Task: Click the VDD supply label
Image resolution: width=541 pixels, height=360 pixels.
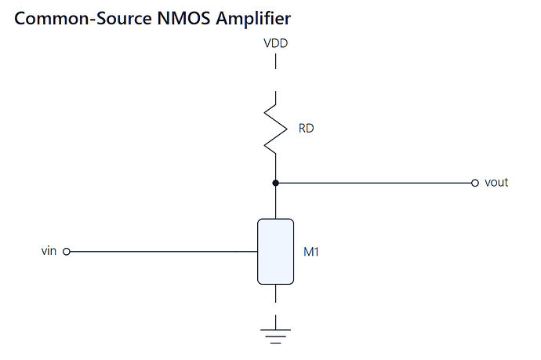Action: tap(275, 43)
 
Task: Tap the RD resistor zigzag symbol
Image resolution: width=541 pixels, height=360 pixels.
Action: tap(276, 129)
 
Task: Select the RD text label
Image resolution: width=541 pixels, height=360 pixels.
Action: tap(306, 129)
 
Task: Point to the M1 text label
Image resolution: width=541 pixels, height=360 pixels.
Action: tap(310, 252)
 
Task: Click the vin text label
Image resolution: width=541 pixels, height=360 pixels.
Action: tap(49, 251)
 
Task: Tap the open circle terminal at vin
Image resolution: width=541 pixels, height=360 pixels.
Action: tap(67, 252)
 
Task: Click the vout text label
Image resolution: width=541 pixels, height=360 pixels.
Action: tap(496, 182)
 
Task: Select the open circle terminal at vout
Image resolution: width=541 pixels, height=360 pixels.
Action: tap(475, 183)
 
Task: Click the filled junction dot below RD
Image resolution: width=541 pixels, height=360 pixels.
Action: tap(276, 183)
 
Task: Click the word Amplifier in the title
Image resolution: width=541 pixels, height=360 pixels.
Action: tap(253, 18)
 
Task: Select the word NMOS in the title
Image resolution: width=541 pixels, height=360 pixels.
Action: tap(183, 18)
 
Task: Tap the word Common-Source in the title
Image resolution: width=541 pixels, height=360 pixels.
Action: tap(83, 18)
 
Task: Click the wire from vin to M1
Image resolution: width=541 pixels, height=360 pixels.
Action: tap(164, 252)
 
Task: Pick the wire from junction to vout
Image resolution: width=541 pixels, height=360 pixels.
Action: tap(375, 183)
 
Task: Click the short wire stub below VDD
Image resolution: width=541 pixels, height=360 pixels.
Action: tap(276, 61)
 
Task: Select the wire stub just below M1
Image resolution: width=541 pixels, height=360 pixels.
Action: tap(276, 293)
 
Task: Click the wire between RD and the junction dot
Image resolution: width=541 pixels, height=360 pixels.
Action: tap(276, 167)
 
